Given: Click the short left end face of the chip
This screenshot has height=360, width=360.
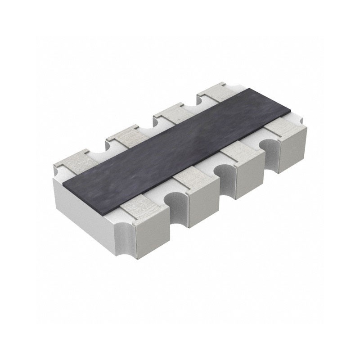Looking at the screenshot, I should [85, 205].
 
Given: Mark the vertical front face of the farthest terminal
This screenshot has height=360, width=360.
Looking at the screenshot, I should [292, 148].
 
